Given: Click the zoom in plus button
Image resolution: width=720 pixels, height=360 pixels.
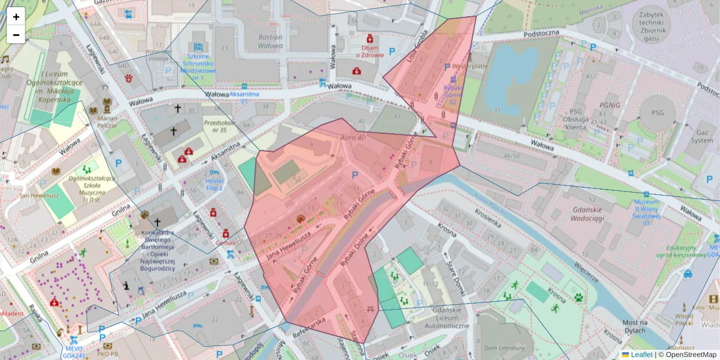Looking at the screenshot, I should coord(16,17).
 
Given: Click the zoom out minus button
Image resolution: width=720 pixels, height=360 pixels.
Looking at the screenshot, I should coord(16,35).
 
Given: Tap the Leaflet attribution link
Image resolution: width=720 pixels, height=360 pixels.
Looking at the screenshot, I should coord(641,355).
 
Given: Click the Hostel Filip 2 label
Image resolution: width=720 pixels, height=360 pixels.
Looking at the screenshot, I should coord(214,184).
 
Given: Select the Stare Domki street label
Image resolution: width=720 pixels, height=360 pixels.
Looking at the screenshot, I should coord(455,277).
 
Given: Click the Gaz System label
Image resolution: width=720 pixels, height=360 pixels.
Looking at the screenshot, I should coord(701,136).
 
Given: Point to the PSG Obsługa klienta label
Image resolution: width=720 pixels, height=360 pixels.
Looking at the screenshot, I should coord(577,119).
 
